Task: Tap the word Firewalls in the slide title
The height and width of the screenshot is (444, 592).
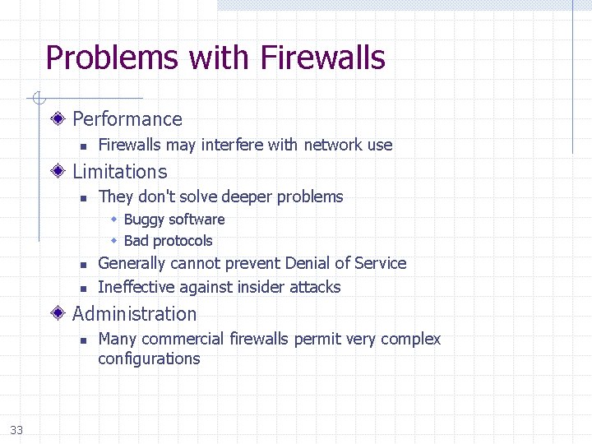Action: (x=322, y=58)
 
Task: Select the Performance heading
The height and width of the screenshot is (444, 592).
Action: (x=127, y=119)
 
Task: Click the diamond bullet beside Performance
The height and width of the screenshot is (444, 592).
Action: (x=58, y=119)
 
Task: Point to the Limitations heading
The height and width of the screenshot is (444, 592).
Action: (x=120, y=172)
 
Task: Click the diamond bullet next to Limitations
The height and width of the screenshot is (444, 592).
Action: (x=58, y=172)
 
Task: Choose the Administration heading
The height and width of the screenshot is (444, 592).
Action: (x=135, y=314)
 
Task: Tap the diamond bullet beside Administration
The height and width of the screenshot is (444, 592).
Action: (x=58, y=314)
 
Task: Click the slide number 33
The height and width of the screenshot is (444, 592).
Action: (x=17, y=430)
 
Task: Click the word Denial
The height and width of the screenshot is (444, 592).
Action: (x=309, y=264)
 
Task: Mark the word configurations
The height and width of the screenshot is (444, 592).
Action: (x=149, y=358)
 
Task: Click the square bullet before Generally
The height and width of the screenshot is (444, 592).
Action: (x=83, y=265)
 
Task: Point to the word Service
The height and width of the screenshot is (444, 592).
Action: (x=381, y=264)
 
